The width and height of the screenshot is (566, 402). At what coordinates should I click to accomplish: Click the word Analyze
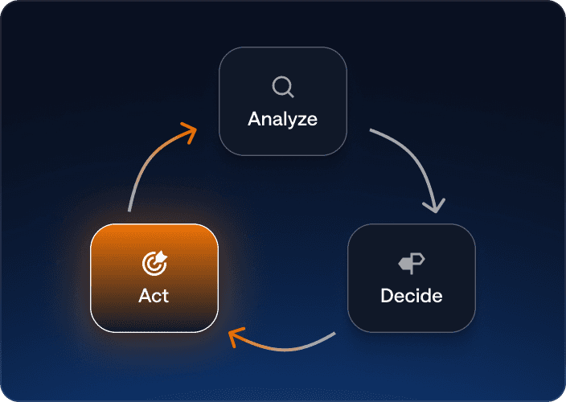(283, 119)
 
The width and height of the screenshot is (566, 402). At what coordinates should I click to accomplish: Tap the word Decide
(412, 296)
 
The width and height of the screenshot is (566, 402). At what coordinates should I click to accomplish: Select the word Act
(154, 296)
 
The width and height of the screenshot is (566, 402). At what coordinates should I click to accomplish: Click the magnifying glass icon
(283, 87)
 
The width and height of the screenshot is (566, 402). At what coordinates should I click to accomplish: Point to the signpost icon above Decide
(412, 264)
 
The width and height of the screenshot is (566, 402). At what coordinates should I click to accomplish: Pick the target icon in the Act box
(154, 263)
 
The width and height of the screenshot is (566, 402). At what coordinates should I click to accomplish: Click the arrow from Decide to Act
(285, 349)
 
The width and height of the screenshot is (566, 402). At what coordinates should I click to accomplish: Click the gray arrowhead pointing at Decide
(435, 206)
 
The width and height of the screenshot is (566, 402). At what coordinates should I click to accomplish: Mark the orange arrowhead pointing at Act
(236, 337)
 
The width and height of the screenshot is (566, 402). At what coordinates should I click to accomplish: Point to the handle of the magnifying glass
(290, 94)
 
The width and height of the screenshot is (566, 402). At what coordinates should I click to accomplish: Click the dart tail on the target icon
(162, 256)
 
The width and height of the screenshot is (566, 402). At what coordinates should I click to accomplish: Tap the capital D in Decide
(387, 296)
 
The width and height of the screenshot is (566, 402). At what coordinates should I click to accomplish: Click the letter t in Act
(166, 296)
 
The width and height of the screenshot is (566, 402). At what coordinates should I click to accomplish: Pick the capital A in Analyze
(255, 119)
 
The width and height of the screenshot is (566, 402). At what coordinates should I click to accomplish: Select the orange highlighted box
(154, 278)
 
